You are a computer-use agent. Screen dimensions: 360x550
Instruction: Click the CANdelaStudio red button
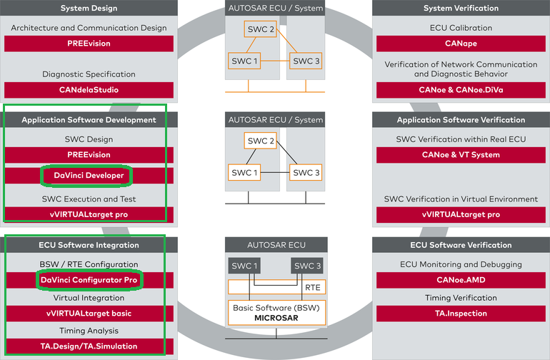tap(89, 90)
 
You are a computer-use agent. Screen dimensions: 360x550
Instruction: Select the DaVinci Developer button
tap(89, 175)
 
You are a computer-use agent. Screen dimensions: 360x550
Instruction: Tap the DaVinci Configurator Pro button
tap(89, 280)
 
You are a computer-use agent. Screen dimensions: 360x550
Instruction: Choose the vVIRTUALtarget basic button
tap(89, 313)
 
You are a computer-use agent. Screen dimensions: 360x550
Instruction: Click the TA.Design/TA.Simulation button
tap(89, 346)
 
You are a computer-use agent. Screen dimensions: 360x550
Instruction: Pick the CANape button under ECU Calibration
tap(461, 44)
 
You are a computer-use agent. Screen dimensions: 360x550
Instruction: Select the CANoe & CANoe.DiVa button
tap(461, 90)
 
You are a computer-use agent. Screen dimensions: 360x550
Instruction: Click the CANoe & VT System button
tap(461, 154)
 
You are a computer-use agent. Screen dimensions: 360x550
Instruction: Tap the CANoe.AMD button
tap(461, 280)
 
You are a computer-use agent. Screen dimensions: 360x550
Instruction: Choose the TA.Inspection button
tap(461, 313)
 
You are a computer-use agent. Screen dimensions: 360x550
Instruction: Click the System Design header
tap(89, 9)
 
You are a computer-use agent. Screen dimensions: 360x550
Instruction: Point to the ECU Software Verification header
tap(461, 245)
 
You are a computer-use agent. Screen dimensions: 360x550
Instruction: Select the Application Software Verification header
tap(461, 120)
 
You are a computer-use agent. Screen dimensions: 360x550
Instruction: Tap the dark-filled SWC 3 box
tap(307, 266)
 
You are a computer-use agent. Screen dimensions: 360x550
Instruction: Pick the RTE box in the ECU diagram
tap(313, 287)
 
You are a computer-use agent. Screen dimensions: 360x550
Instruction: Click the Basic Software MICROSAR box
tap(276, 312)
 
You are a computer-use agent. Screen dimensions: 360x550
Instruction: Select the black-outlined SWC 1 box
tap(244, 172)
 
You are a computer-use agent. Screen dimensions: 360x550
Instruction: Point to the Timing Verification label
tap(461, 298)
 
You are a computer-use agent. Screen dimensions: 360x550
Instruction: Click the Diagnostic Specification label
tap(89, 74)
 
